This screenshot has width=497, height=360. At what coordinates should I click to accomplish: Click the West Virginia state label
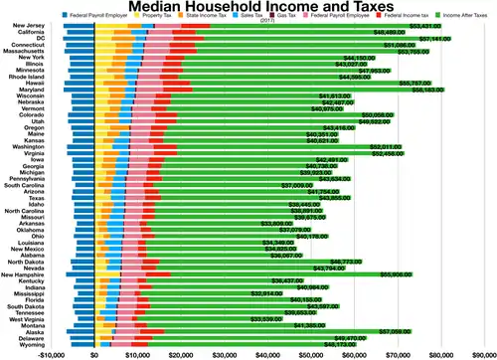pos(23,318)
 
